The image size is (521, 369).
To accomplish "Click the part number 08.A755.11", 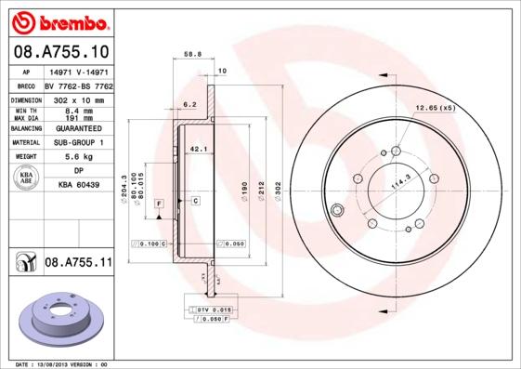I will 77,264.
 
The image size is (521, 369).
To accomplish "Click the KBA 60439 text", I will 78,186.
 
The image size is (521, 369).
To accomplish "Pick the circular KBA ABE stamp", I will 27,178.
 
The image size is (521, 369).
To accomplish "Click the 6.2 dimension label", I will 189,104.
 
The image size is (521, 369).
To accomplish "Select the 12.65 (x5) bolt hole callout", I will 435,107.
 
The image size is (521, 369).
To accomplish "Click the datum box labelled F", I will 159,202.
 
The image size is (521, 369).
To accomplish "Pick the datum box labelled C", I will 196,201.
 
